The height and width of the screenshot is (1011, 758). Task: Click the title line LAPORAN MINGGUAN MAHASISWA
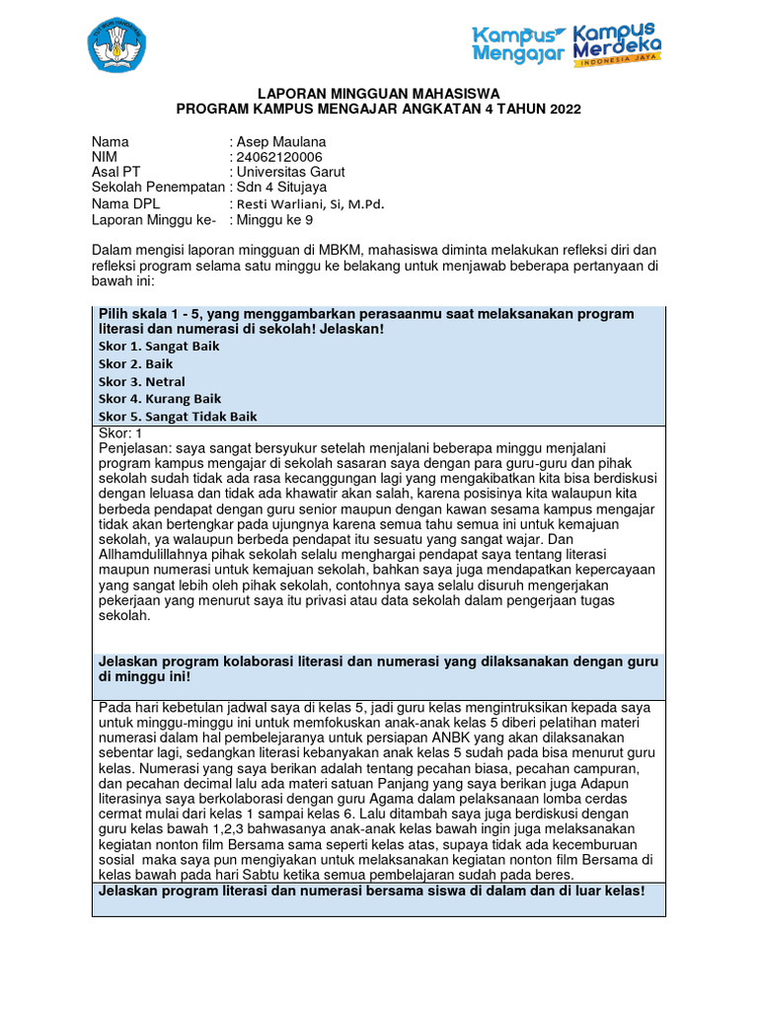[x=379, y=92]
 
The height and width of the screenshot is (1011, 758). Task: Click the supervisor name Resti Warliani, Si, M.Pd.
[x=309, y=203]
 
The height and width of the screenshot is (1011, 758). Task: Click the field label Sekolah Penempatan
[x=158, y=187]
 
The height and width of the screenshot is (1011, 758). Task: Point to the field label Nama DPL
[x=126, y=203]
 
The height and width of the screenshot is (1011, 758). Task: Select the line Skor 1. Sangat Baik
[x=159, y=347]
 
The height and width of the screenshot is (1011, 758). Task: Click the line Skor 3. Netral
[x=142, y=382]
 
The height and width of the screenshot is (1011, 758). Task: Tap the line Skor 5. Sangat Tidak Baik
[x=178, y=417]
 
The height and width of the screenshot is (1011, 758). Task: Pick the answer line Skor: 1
[x=121, y=433]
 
